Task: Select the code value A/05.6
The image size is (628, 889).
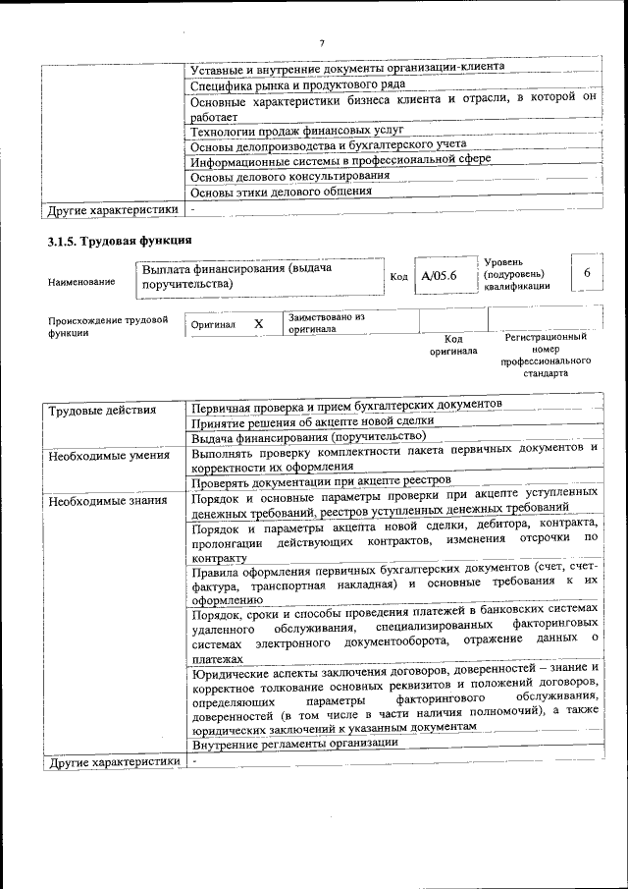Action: tap(439, 276)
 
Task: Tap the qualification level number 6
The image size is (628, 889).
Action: tap(586, 274)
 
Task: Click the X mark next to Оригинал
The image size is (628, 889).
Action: tap(259, 323)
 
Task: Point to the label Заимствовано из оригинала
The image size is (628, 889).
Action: tap(327, 323)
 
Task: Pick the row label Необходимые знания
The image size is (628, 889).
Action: tap(108, 500)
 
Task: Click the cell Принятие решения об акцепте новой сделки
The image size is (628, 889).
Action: tap(312, 421)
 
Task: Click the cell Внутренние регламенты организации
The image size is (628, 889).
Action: tap(294, 743)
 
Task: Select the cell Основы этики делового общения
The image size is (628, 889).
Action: tap(281, 192)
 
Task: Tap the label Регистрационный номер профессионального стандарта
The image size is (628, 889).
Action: tap(546, 355)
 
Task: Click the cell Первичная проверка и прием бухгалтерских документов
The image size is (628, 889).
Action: tap(346, 404)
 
